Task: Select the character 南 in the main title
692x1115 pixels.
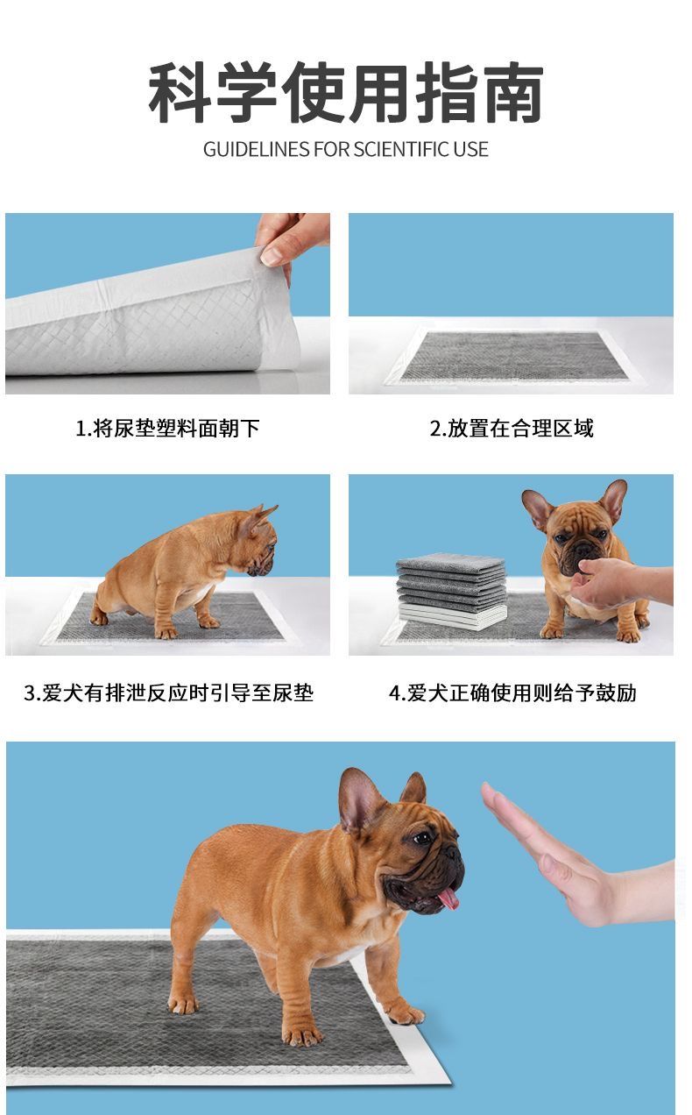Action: click(x=512, y=93)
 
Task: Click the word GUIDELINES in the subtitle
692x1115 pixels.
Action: click(x=256, y=149)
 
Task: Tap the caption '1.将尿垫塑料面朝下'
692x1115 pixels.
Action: click(x=167, y=428)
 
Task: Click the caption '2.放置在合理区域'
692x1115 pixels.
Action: click(x=512, y=428)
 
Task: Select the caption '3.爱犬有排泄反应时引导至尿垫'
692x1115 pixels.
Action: click(x=169, y=692)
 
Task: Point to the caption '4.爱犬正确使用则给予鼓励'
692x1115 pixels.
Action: click(x=512, y=692)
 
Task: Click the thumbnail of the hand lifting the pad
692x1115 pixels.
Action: click(x=167, y=303)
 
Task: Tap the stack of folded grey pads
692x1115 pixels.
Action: click(x=452, y=591)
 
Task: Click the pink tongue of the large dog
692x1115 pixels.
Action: click(x=448, y=898)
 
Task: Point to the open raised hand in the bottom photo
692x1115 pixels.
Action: click(x=562, y=856)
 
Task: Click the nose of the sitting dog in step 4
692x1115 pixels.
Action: click(x=582, y=550)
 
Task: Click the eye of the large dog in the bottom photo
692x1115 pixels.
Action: click(x=423, y=838)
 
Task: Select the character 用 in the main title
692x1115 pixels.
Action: click(x=379, y=93)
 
